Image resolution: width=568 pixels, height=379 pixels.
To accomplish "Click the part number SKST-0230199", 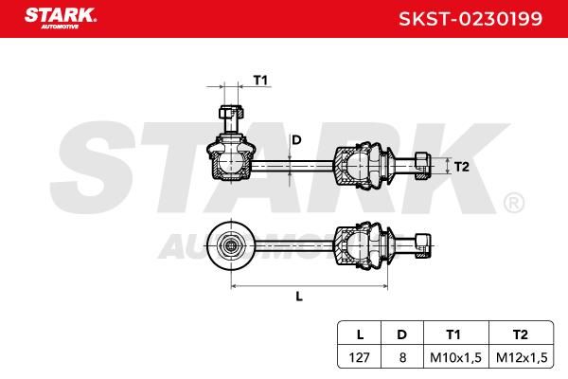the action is [470, 19].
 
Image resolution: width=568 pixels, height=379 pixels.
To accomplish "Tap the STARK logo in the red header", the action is [61, 18].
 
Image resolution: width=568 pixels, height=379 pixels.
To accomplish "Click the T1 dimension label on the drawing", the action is [260, 80].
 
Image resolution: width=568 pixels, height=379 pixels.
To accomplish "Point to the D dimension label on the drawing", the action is [296, 139].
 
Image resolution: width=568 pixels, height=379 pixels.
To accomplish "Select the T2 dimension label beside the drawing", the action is [461, 167].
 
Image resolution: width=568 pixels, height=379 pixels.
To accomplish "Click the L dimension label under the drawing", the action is [299, 297].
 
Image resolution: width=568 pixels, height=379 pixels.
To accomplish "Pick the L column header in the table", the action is [360, 334].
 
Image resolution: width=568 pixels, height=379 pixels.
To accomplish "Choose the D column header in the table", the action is [401, 334].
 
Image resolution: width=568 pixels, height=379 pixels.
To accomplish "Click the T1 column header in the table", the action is [453, 334].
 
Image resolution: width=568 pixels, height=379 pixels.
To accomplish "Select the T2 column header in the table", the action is [520, 334].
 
